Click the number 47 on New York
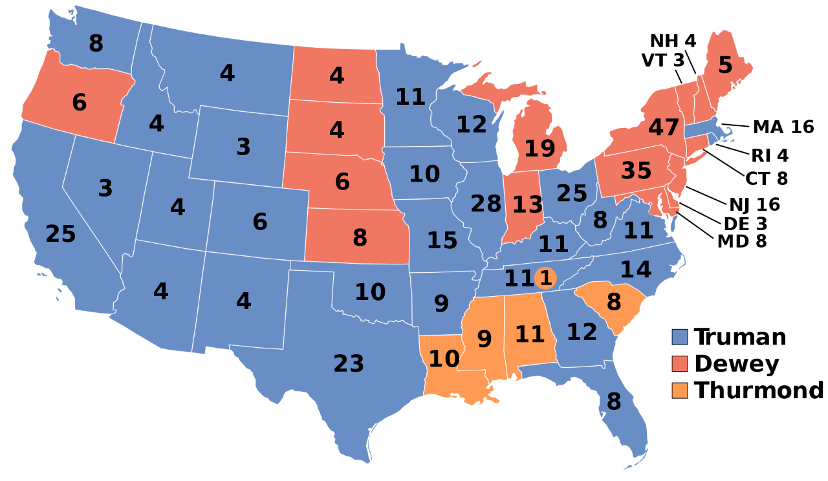coord(664,128)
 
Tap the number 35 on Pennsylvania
coord(636,171)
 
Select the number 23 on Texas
coord(349,364)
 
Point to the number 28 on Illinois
coord(486,204)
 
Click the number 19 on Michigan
coord(539,149)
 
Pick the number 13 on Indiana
coord(528,206)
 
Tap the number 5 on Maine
coord(725,65)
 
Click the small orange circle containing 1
coord(546,279)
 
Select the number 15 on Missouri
coord(442,241)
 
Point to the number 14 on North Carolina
coord(635,270)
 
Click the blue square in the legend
coord(679,337)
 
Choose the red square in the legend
coord(679,364)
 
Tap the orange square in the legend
coord(679,390)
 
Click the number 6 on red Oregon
coord(79,103)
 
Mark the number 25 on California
coord(61,234)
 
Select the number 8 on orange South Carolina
coord(614,302)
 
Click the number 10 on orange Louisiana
coord(444,359)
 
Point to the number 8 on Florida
coord(614,402)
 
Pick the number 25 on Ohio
coord(572,193)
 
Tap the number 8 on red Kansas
coord(360,238)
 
